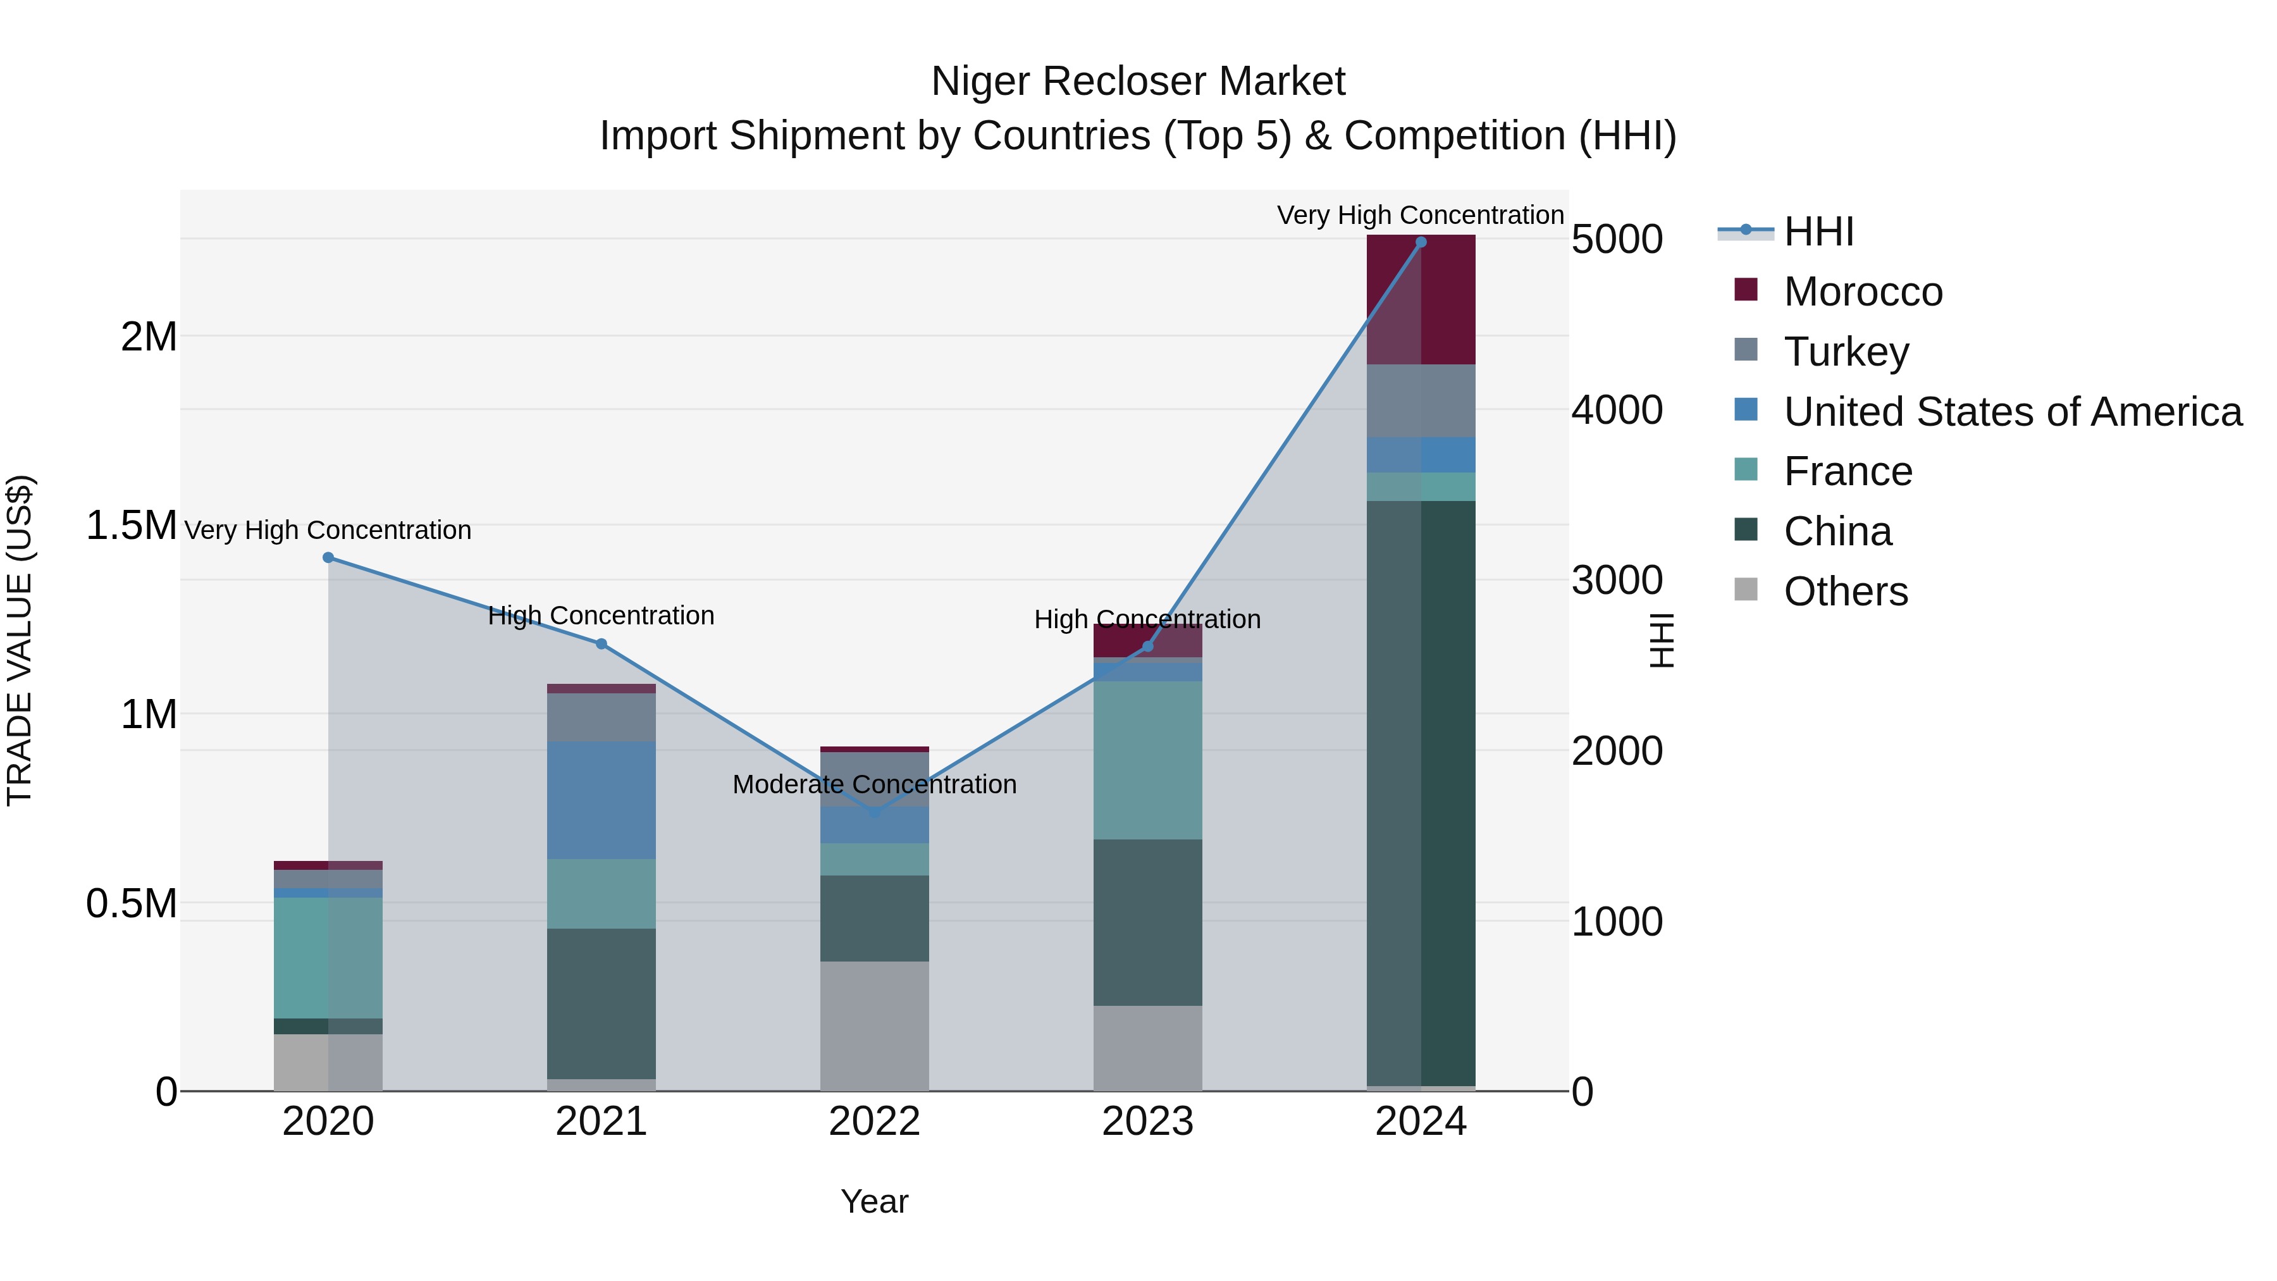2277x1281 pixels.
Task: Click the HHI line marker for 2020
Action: tap(328, 558)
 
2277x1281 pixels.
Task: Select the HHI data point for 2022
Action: tap(874, 812)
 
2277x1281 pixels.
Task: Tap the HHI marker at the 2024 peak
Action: tap(1421, 242)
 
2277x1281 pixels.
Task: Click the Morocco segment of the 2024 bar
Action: tap(1421, 300)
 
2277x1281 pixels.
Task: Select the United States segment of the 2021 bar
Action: tap(601, 800)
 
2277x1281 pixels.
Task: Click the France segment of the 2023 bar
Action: tap(1147, 760)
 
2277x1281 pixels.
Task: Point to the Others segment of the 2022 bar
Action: tap(874, 1025)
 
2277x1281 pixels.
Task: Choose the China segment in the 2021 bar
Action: tap(601, 1003)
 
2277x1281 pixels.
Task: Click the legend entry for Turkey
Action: tap(1846, 352)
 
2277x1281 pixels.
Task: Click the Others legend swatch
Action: tap(1746, 590)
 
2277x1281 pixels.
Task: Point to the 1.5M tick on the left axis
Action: tap(131, 526)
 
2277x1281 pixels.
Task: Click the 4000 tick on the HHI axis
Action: tap(1617, 410)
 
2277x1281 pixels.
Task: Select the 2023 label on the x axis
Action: tap(1147, 1122)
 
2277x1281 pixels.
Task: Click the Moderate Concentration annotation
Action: tap(874, 784)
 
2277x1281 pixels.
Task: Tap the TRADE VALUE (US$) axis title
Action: tap(20, 640)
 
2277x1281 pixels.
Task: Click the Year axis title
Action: tap(874, 1201)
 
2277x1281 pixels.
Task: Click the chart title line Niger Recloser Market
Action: tap(1138, 82)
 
